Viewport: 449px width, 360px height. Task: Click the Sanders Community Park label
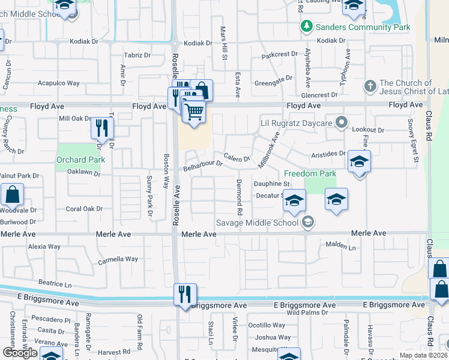[364, 27]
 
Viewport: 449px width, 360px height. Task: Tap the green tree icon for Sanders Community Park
[307, 26]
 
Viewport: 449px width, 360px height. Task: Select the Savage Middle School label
[257, 223]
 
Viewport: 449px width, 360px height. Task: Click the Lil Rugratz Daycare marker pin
[342, 123]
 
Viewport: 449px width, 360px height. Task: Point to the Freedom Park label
[310, 173]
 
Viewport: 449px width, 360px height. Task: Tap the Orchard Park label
[80, 160]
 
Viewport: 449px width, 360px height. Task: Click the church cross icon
[370, 86]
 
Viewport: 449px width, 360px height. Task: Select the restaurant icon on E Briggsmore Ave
[185, 294]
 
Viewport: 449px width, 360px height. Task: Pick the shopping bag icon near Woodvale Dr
[12, 195]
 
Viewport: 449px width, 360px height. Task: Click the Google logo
[20, 353]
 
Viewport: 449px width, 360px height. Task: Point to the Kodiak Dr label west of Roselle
[83, 41]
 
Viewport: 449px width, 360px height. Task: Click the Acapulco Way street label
[58, 83]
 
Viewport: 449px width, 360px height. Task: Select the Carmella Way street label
[118, 259]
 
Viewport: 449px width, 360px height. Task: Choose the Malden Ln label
[340, 246]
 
